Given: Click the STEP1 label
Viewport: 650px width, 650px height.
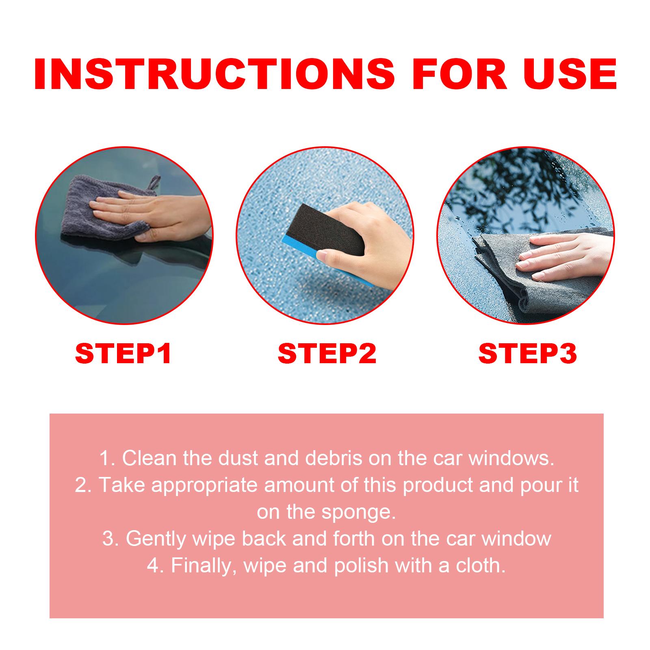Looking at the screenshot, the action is tap(123, 353).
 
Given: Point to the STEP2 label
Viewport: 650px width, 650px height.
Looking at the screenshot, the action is tap(327, 353).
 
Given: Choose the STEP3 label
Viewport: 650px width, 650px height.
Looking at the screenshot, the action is tap(528, 353).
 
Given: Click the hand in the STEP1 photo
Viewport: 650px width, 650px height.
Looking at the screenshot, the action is tap(150, 215).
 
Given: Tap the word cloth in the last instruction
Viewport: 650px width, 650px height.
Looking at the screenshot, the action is tap(480, 566).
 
